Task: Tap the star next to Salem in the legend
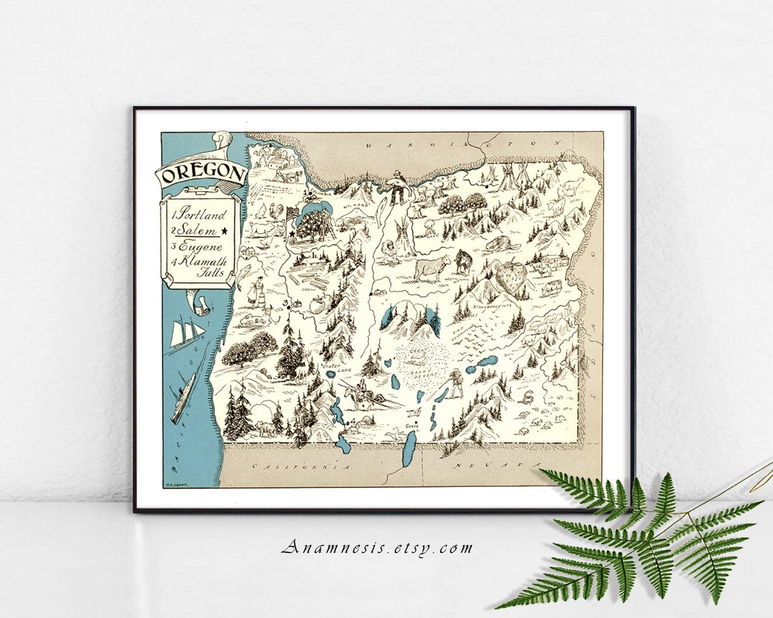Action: [x=225, y=230]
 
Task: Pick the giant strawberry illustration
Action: [x=513, y=278]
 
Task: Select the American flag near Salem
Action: [x=291, y=214]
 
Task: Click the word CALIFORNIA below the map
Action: [x=301, y=466]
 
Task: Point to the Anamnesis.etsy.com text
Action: [x=377, y=549]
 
